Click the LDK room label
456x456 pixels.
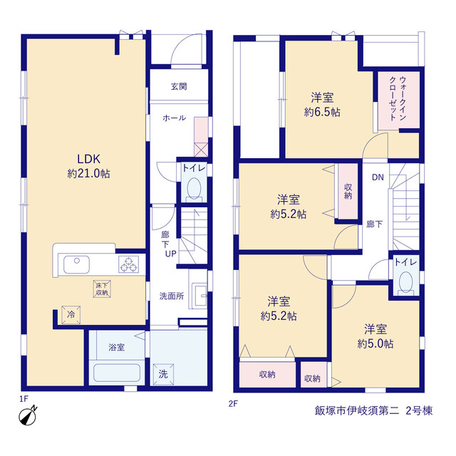point(88,159)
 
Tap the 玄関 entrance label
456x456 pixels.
point(179,86)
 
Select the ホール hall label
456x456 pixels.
point(174,118)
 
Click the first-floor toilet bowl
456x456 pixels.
point(194,188)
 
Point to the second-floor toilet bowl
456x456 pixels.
point(406,281)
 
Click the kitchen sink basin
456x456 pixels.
point(76,264)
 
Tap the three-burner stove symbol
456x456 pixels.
point(128,264)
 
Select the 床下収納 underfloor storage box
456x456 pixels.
point(102,289)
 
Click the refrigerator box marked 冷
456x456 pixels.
point(71,315)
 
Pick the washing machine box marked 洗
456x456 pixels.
point(163,374)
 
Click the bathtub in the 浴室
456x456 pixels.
point(117,373)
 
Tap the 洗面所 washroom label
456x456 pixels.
point(172,296)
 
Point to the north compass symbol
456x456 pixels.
point(28,415)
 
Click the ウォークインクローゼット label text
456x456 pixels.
point(398,98)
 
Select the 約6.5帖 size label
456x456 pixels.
point(322,112)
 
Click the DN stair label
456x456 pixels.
point(378,177)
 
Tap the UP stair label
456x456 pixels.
point(171,254)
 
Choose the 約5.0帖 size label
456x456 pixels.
point(375,343)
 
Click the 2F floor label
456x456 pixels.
point(233,404)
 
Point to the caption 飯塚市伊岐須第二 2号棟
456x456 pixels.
point(373,410)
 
